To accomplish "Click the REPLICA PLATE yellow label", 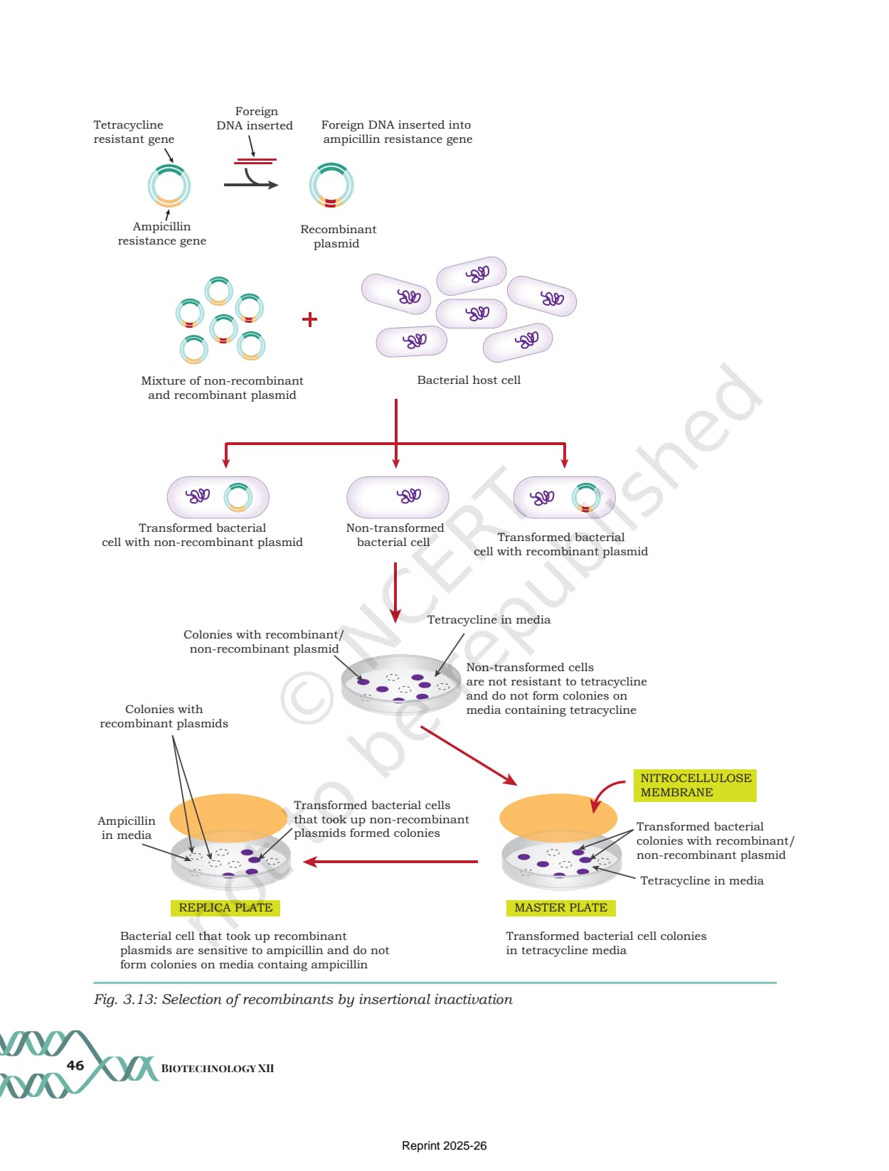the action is click(225, 907).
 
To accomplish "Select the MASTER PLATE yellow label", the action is click(560, 907).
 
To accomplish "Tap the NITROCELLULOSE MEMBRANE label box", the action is click(695, 785).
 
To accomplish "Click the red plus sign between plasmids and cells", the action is click(309, 319).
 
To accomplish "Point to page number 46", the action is click(75, 1065).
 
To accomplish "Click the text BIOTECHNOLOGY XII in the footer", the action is click(217, 1068).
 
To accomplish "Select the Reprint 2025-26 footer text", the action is click(444, 1145).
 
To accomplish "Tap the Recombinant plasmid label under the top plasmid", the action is click(338, 236).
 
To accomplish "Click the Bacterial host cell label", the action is click(469, 380).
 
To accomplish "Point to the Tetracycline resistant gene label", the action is click(134, 132).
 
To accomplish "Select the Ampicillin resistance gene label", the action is click(161, 234).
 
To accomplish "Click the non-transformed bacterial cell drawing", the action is click(398, 497).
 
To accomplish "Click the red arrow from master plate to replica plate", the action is click(390, 861).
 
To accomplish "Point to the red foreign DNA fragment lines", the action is click(255, 161).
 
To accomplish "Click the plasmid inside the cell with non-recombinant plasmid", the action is click(238, 497).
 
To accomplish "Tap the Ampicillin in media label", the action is click(127, 828).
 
